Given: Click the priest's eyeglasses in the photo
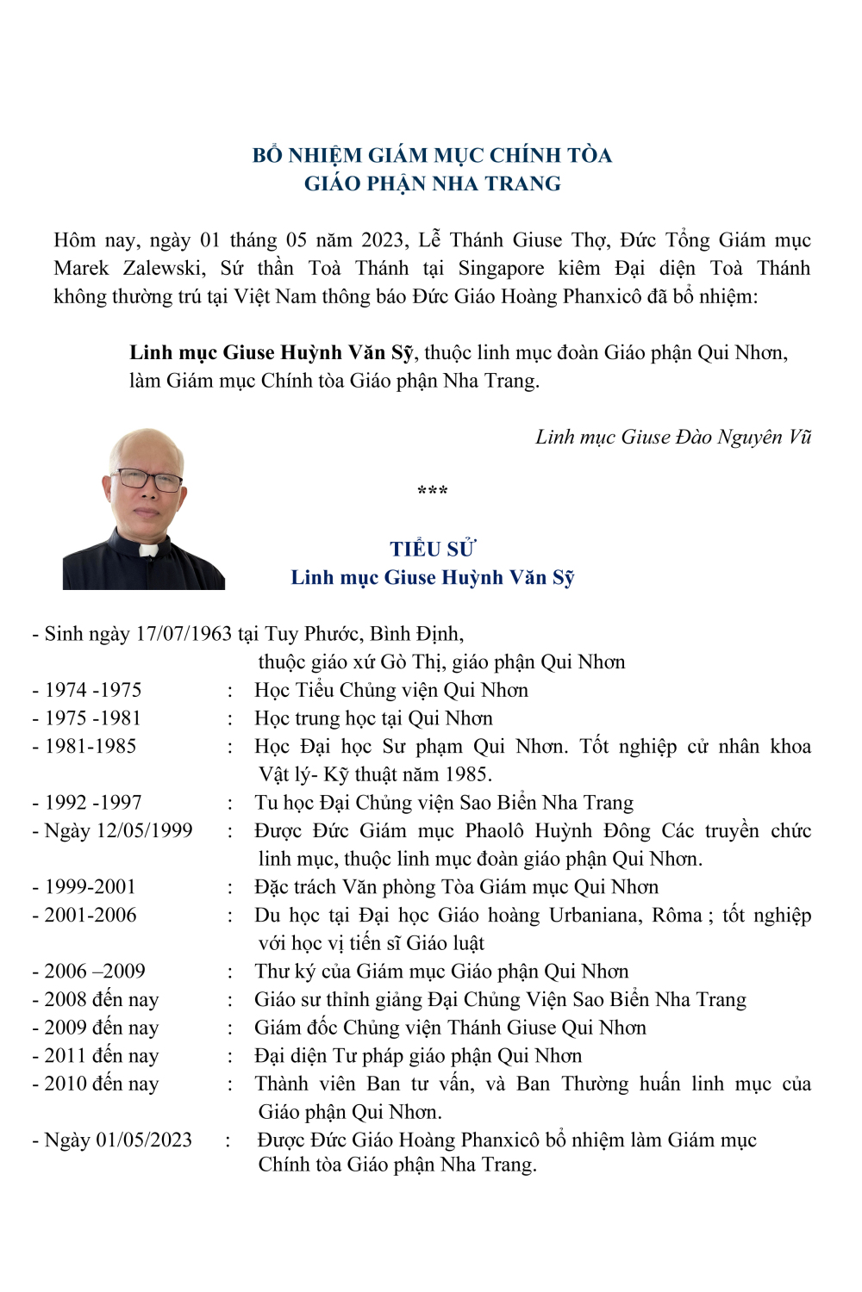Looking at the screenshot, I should tap(148, 479).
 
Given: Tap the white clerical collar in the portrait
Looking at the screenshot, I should tap(148, 550).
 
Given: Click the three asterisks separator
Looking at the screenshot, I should tap(432, 492).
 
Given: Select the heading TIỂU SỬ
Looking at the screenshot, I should tap(432, 550).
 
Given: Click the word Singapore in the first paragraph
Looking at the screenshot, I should tap(501, 268).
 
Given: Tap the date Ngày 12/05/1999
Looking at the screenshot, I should tap(118, 830).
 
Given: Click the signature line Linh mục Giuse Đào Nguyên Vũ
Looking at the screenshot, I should tap(673, 437).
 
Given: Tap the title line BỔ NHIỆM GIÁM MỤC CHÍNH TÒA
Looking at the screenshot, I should tap(432, 155).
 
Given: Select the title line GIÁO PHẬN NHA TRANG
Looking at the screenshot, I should tap(432, 183).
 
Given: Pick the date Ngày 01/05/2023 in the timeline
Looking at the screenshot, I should tap(118, 1140).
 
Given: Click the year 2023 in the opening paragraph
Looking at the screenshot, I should tap(384, 239).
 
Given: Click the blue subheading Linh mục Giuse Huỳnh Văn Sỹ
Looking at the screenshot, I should tap(432, 577).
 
